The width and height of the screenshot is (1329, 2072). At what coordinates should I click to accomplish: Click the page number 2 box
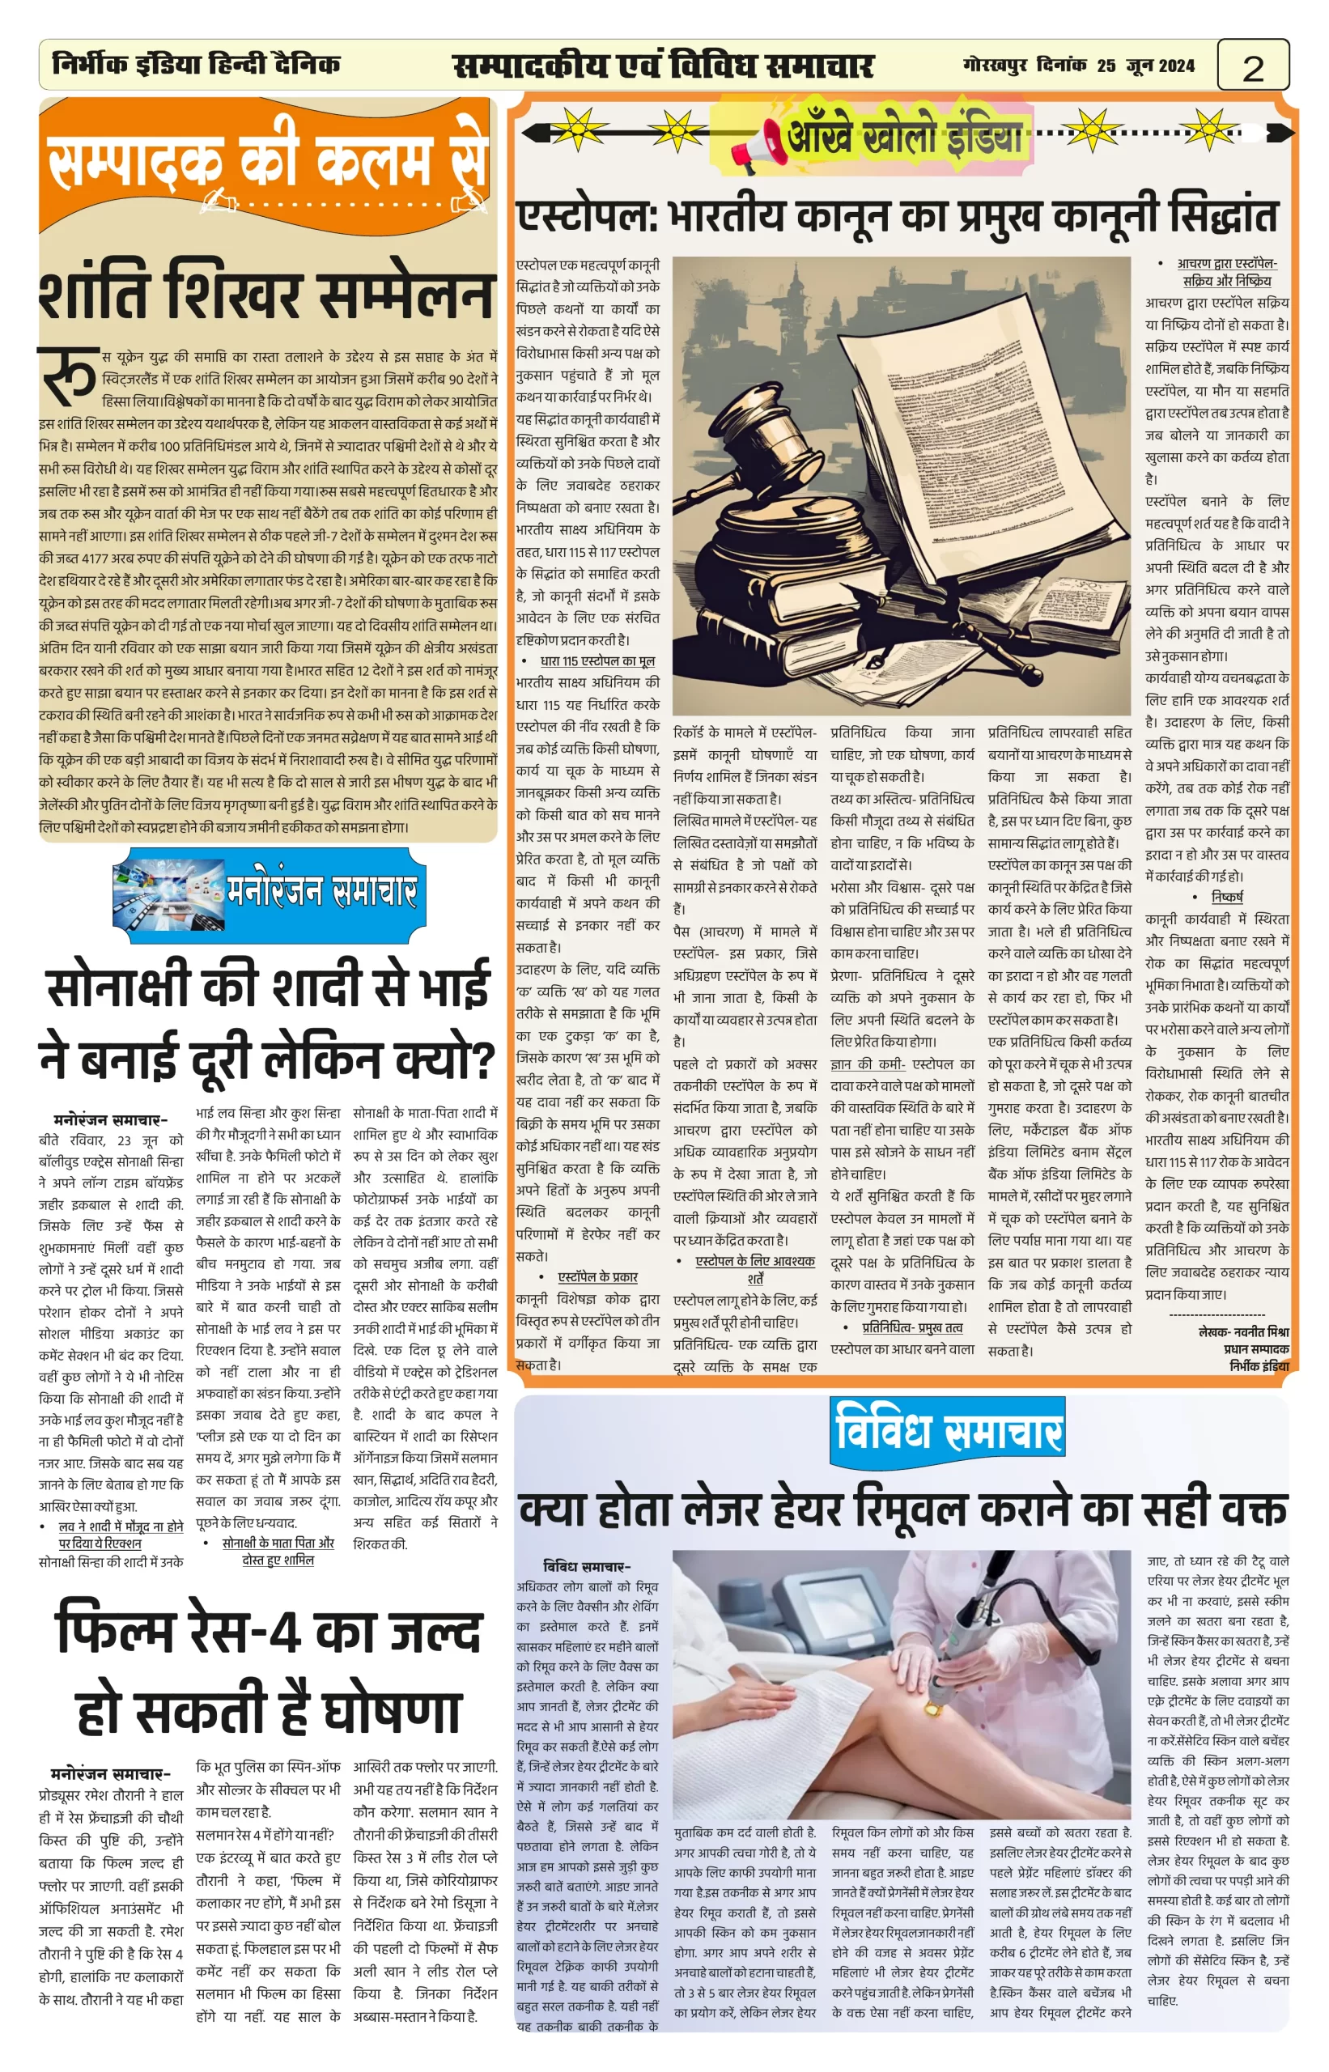point(1252,66)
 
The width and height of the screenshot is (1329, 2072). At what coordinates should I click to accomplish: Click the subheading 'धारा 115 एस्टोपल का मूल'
point(597,661)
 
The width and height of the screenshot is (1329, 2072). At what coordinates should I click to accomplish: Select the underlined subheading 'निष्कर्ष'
point(1226,897)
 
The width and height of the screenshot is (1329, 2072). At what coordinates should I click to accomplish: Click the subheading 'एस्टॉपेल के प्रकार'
point(597,1276)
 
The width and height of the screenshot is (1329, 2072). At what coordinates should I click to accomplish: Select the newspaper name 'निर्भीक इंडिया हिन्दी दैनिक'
point(196,64)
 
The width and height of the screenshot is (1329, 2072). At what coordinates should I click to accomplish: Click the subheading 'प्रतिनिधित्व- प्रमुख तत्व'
point(912,1327)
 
